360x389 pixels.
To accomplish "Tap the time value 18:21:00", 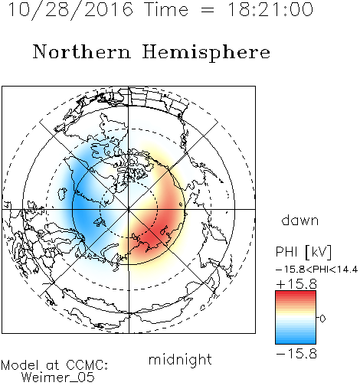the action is [270, 9].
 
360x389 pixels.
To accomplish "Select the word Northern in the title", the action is [82, 51].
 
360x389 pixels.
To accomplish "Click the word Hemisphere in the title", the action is [206, 53].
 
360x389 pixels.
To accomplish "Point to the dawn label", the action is [300, 221].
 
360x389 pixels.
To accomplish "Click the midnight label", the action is [180, 360].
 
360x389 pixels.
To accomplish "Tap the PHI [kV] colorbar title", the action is [304, 252].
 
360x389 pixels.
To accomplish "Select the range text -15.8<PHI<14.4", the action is [317, 270].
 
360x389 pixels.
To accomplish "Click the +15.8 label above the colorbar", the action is [296, 284].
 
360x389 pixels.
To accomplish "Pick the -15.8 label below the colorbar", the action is [296, 354].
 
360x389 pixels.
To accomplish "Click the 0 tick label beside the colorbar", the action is [322, 319].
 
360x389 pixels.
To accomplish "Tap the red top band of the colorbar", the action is [296, 296].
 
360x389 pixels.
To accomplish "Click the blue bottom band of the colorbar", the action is [296, 339].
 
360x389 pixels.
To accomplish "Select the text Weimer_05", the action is [58, 377].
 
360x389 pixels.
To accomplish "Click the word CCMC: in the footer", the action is [87, 365].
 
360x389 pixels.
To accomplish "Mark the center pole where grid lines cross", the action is [129, 209].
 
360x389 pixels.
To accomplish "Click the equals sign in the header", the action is [208, 10].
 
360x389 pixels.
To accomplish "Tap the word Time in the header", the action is [166, 9].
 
